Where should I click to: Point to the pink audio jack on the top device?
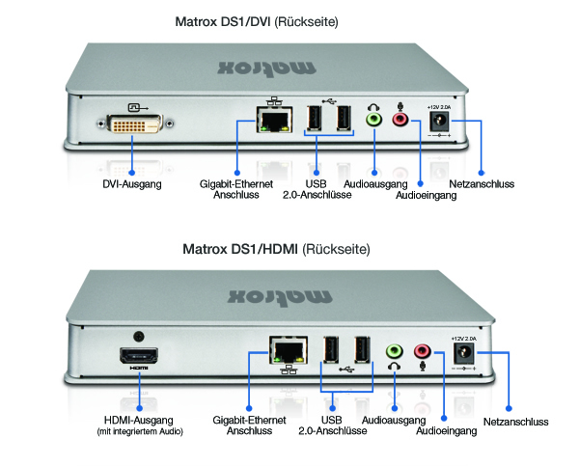[400, 120]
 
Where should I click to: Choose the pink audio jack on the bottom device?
[423, 351]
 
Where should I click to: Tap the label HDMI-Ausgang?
[139, 420]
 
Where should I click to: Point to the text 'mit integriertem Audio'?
[139, 431]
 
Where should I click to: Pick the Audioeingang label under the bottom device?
[446, 431]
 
